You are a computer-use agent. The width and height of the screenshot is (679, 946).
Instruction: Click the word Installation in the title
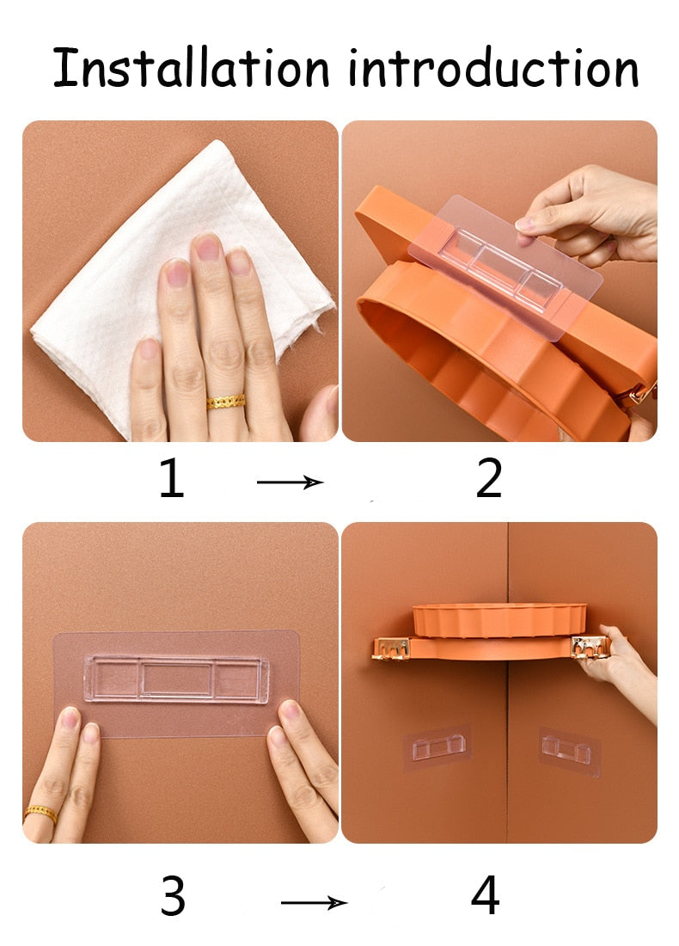click(191, 67)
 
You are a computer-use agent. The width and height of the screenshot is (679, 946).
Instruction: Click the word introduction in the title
click(492, 67)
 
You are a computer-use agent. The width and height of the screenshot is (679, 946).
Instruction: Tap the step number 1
click(172, 477)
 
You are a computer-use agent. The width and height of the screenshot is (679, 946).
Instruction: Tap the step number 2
click(488, 477)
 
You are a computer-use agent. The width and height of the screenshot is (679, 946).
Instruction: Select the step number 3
click(173, 896)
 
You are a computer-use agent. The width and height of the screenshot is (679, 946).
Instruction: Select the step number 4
click(486, 895)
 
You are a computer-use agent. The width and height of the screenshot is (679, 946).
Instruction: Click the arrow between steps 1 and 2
click(290, 482)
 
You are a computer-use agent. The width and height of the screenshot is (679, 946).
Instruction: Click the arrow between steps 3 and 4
click(314, 902)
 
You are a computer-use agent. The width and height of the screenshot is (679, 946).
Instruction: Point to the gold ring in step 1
click(226, 402)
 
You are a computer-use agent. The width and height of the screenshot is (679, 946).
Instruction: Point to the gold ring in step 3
click(40, 814)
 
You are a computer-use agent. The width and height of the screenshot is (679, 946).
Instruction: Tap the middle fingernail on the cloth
click(207, 248)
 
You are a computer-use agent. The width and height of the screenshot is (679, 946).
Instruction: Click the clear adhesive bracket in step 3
click(176, 679)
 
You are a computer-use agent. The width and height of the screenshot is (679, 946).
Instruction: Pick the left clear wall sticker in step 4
click(437, 749)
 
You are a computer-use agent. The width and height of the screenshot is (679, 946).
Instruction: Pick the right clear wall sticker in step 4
click(569, 751)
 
